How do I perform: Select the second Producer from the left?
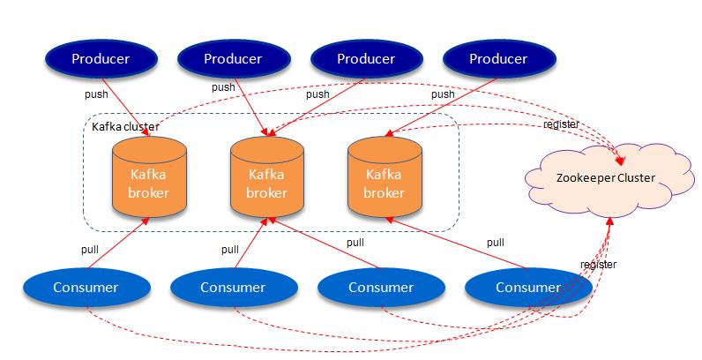click(233, 59)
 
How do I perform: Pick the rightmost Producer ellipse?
click(498, 59)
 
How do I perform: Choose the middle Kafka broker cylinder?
click(266, 176)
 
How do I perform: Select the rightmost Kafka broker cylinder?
click(384, 176)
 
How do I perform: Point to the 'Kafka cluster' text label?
click(125, 127)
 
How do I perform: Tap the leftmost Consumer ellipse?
click(86, 287)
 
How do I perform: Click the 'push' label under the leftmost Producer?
click(96, 93)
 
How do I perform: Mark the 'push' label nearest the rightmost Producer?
click(443, 94)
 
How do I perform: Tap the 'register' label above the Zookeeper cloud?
click(561, 124)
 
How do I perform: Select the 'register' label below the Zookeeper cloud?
click(598, 264)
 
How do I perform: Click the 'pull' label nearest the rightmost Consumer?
click(496, 243)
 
